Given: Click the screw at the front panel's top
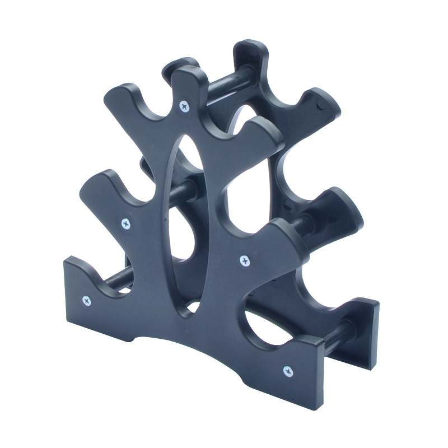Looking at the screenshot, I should pos(184,105).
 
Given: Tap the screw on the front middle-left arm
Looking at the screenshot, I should pos(126,223).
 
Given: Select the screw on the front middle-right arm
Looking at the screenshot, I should pos(244,259).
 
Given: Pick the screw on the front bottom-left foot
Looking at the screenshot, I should pos(86,301).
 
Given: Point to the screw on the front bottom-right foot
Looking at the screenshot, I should pos(288,370).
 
